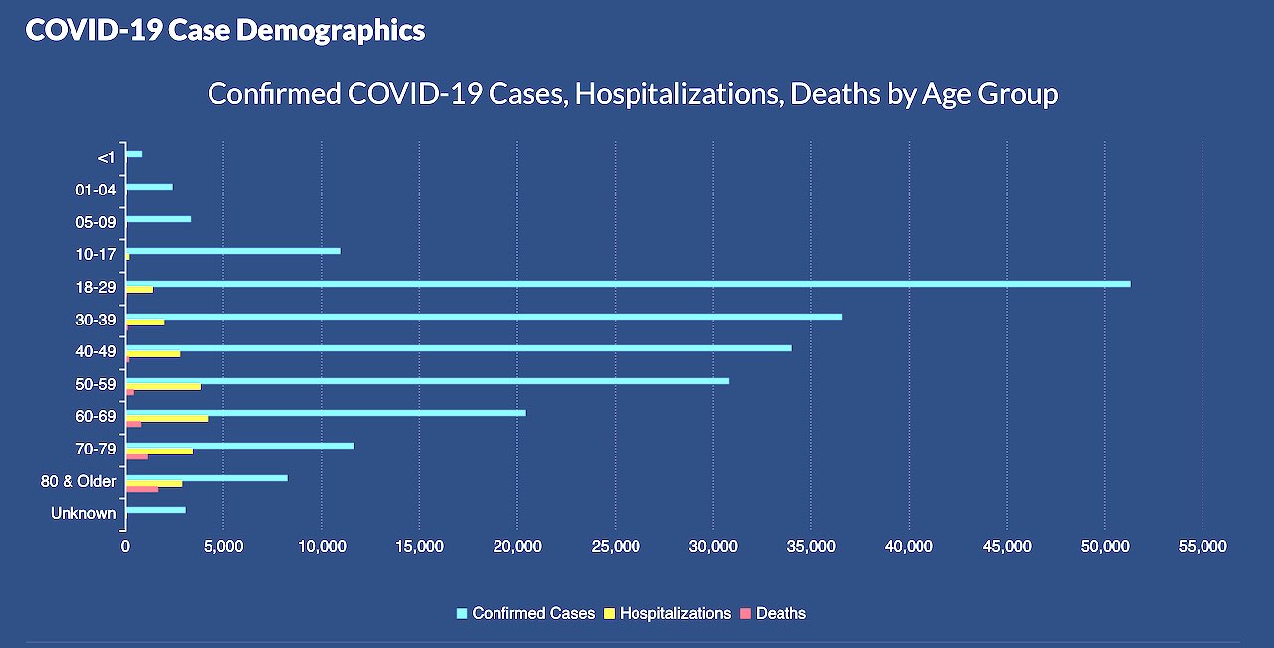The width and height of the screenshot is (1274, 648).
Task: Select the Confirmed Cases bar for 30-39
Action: pos(484,317)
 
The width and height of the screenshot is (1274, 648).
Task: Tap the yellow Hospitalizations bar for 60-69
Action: pos(167,419)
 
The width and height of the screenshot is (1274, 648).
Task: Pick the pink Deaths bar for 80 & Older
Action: pos(142,489)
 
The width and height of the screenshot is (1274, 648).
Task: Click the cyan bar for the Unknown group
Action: pos(156,510)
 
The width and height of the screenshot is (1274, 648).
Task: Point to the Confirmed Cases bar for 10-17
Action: pos(232,251)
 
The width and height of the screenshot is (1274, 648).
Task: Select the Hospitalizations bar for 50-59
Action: pos(163,386)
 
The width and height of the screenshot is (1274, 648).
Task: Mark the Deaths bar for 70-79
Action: pos(137,456)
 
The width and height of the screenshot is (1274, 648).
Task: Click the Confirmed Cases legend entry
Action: pos(525,614)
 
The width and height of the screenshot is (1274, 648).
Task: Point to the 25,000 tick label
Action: pos(615,547)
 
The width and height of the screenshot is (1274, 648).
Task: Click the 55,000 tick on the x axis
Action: pos(1203,547)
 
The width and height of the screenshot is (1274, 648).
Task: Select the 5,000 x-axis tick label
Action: pos(223,547)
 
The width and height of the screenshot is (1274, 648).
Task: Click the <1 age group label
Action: pos(107,157)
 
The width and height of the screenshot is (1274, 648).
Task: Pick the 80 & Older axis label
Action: pos(85,482)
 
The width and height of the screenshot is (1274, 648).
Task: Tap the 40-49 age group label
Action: pos(96,352)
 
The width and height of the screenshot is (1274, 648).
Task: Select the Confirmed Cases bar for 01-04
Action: pos(149,187)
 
